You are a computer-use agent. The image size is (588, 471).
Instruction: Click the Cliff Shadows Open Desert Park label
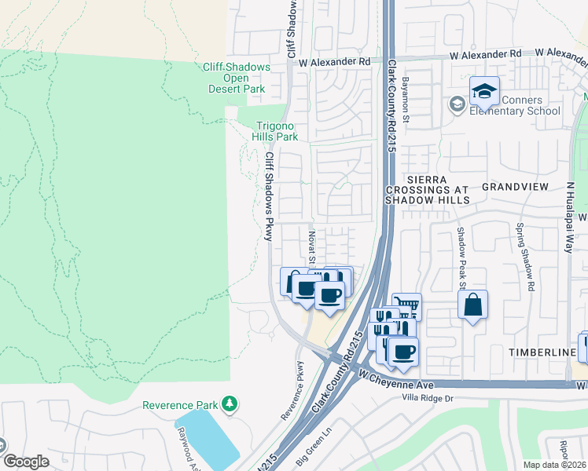pos(236,78)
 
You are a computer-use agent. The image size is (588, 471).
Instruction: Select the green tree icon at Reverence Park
pos(230,404)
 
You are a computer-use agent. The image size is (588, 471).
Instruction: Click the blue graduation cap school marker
pos(484,92)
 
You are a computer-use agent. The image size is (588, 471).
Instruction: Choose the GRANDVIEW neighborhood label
pos(515,188)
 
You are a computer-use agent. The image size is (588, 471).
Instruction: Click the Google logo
pos(26,462)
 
